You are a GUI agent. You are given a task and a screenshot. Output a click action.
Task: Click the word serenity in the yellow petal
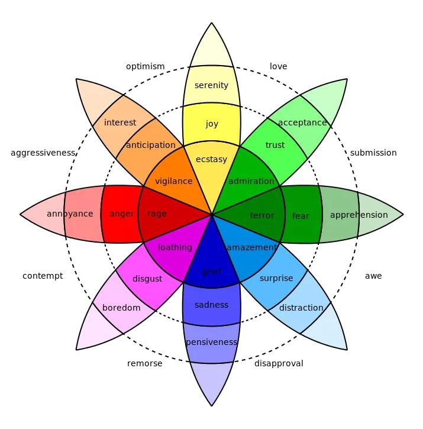coord(211,85)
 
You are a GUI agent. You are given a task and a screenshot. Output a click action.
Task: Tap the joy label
coord(212,124)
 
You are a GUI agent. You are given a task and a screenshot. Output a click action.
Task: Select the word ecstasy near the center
coord(211,159)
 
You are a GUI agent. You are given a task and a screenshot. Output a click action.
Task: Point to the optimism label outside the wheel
coord(145,66)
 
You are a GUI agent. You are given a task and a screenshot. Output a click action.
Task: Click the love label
coord(278,66)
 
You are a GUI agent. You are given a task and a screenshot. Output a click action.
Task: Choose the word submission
coord(373,153)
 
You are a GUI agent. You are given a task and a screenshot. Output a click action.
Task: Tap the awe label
coord(373,276)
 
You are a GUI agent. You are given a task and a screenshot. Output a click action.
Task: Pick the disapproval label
coord(279,363)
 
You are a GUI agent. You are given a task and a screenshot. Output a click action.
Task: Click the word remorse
coord(144,363)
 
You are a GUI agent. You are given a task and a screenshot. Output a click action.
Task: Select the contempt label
coord(43,276)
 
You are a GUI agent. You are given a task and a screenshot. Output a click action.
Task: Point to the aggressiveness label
coord(43,153)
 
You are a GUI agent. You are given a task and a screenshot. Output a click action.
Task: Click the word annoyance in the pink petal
coord(70,214)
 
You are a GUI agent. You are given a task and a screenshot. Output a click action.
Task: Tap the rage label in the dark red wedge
coord(157,214)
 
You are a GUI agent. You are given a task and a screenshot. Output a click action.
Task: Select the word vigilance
coord(173,181)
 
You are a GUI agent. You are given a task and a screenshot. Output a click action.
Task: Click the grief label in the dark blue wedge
coord(211,272)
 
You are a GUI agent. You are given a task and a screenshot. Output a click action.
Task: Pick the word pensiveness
coord(211,342)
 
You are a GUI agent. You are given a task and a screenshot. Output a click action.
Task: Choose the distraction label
coord(301,308)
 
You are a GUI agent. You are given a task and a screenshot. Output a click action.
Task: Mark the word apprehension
coord(359,215)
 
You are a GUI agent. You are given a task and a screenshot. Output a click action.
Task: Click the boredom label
coord(121,308)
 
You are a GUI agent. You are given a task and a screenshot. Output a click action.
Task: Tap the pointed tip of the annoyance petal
coord(21,214)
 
